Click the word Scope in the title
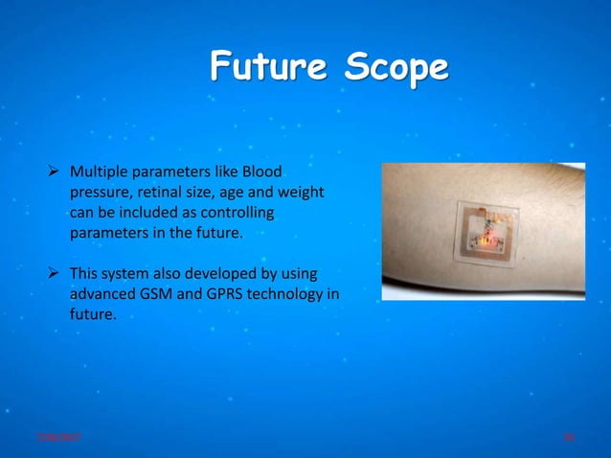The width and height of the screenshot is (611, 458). [388, 68]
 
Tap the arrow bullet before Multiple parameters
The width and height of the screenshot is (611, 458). [55, 172]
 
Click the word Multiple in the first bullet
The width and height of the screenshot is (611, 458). [99, 172]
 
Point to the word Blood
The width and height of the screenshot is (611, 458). [261, 172]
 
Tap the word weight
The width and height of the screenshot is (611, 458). [300, 193]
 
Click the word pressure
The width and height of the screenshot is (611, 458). [98, 193]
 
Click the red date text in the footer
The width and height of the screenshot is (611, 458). [58, 437]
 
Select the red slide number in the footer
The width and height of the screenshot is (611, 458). [568, 437]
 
